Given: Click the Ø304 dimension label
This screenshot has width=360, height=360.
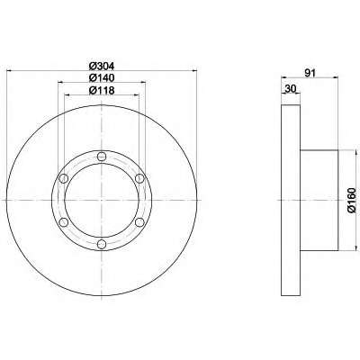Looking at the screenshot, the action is [102, 66].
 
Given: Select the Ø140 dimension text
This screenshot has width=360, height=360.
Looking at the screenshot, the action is [102, 78].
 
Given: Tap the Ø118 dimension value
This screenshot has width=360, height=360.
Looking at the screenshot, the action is [102, 90].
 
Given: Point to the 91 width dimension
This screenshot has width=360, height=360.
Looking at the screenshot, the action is [310, 73].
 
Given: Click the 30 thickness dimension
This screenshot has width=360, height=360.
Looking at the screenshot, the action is [291, 88].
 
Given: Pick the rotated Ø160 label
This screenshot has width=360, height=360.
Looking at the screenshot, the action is [351, 200].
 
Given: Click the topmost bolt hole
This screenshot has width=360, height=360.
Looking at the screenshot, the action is [102, 157].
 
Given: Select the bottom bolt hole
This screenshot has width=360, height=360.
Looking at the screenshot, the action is [102, 244].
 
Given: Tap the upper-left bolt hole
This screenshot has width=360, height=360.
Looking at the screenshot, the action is [64, 178].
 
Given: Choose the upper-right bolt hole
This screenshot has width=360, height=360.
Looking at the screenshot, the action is [139, 178].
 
